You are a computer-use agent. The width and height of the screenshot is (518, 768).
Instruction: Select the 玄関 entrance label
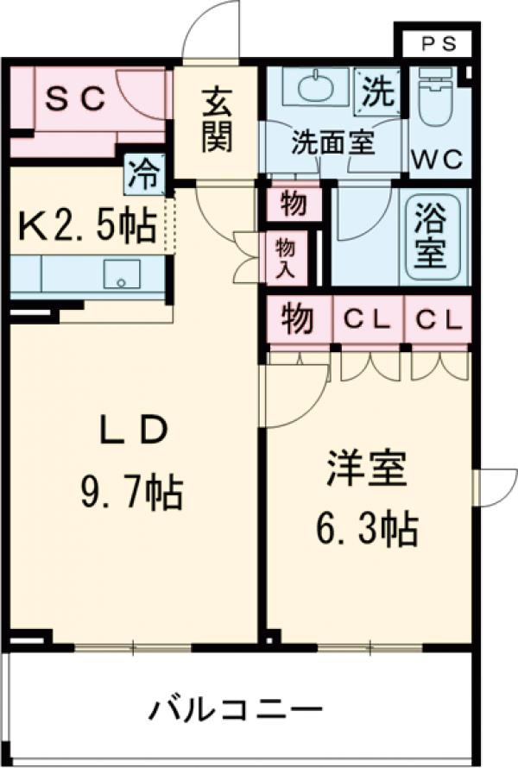pos(217,122)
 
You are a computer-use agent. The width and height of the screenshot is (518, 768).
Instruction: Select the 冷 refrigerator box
pos(143,174)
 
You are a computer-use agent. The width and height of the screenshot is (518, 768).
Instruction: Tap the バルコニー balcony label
pos(236,712)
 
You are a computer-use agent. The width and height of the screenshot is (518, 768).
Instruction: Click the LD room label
pos(131,431)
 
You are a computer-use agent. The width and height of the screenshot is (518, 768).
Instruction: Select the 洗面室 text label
pos(332,142)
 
